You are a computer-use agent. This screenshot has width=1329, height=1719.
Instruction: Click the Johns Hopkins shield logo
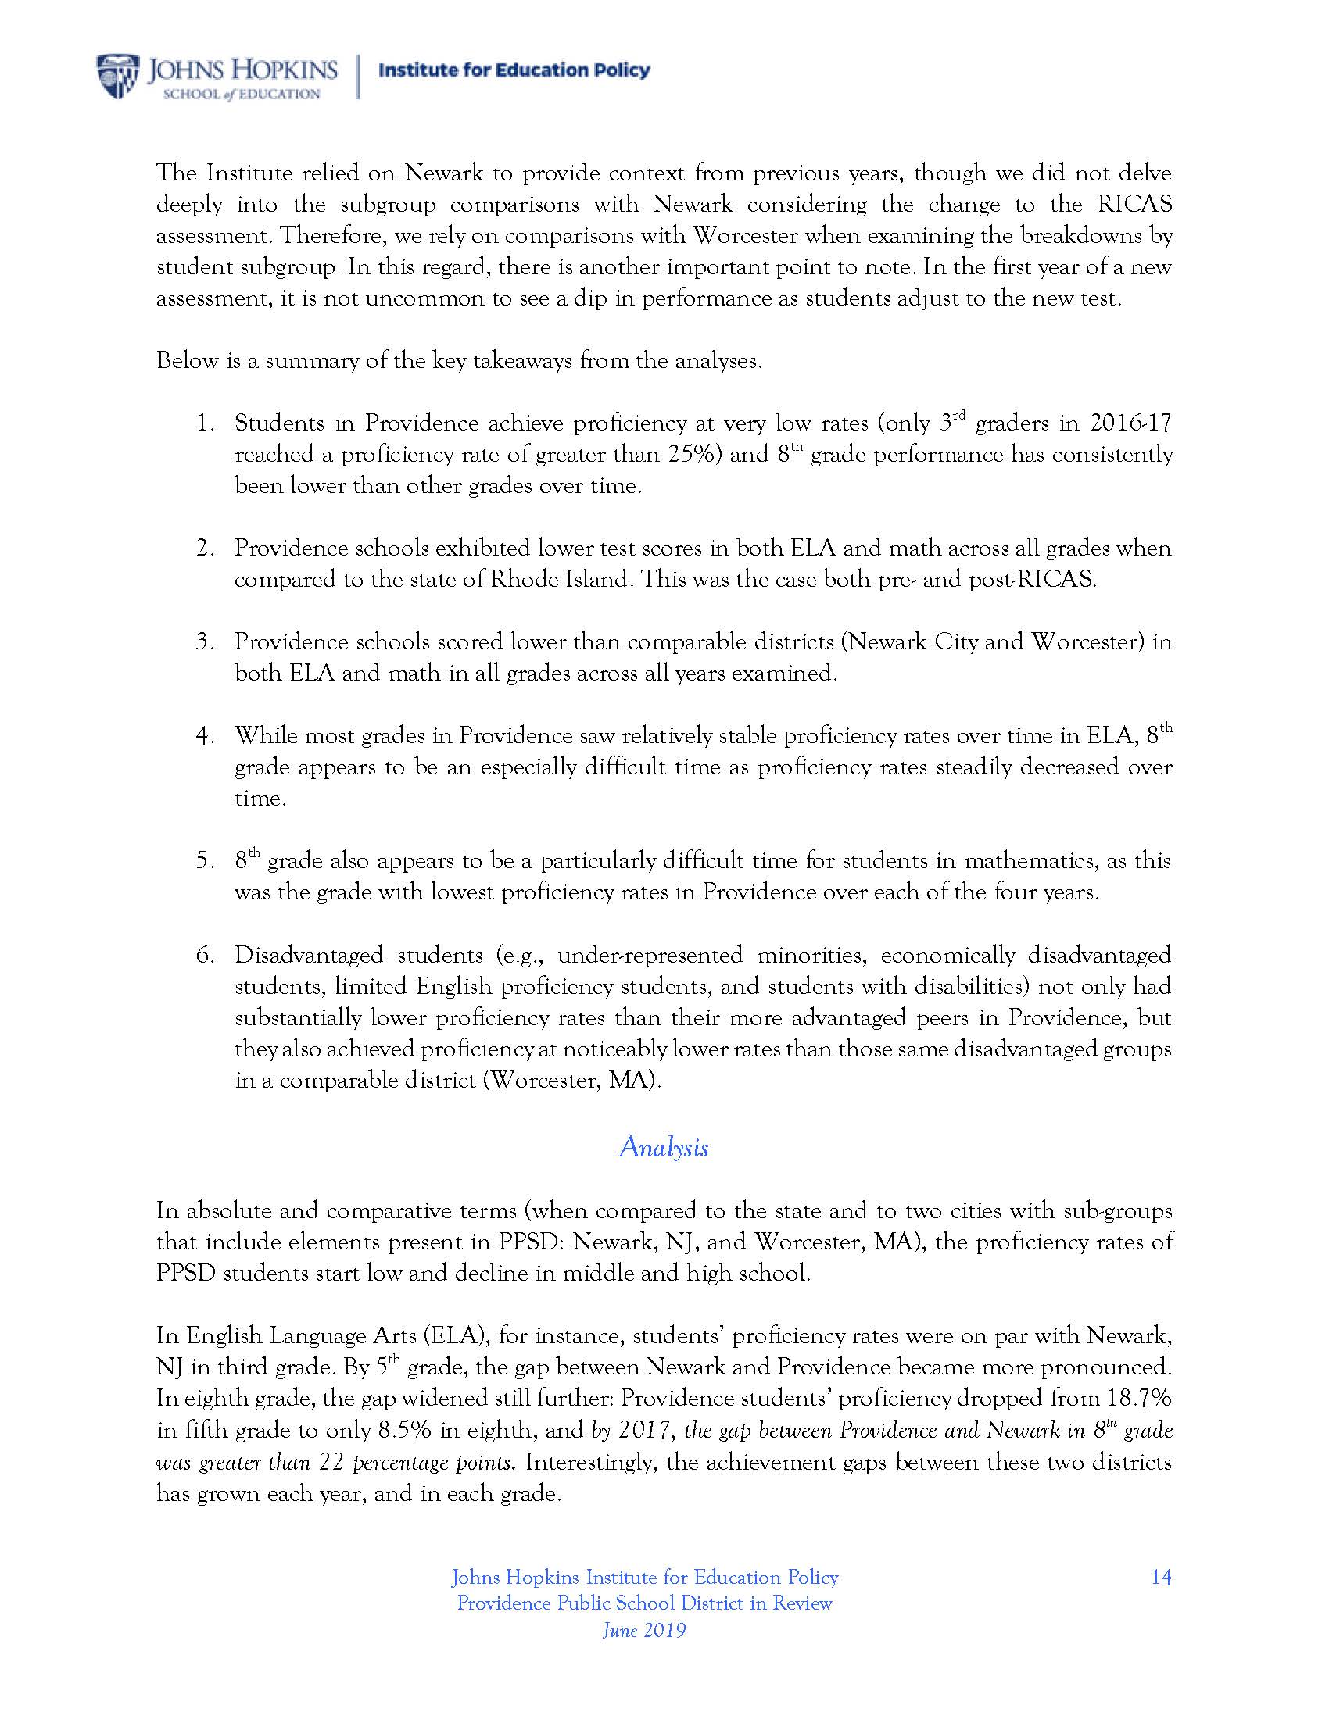point(117,77)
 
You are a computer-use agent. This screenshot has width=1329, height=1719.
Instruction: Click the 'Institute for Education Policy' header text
point(514,70)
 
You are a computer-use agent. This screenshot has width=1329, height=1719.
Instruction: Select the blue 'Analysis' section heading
point(663,1147)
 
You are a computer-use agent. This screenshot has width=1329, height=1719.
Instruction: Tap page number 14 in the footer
point(1160,1577)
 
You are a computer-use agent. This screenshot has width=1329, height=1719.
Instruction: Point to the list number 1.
point(205,423)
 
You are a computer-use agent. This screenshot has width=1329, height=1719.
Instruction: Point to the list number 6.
point(205,956)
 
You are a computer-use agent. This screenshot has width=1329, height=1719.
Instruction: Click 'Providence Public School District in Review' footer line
point(644,1603)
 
